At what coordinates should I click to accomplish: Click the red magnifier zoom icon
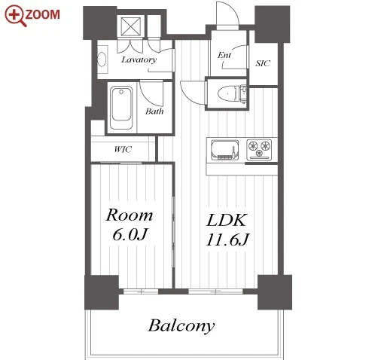click(x=15, y=16)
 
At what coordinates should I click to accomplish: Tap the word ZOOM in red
click(x=43, y=14)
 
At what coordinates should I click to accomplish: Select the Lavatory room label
click(x=139, y=59)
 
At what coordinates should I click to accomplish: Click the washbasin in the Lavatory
click(x=102, y=59)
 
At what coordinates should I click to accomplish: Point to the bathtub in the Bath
click(x=121, y=108)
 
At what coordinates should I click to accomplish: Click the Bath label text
click(x=154, y=111)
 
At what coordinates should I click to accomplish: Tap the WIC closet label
click(x=123, y=149)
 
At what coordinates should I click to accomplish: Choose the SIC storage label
click(x=263, y=63)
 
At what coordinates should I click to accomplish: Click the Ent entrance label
click(x=224, y=55)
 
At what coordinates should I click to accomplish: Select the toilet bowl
click(x=228, y=93)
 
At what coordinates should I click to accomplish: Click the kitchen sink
click(x=225, y=150)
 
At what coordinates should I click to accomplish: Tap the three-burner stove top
click(x=259, y=150)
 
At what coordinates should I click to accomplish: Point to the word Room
click(x=130, y=215)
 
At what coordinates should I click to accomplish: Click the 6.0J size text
click(x=130, y=235)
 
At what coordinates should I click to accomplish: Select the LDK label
click(x=227, y=220)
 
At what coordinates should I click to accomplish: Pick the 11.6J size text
click(x=227, y=239)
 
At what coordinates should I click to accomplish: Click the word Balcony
click(x=181, y=326)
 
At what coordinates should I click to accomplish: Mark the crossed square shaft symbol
click(x=131, y=26)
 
